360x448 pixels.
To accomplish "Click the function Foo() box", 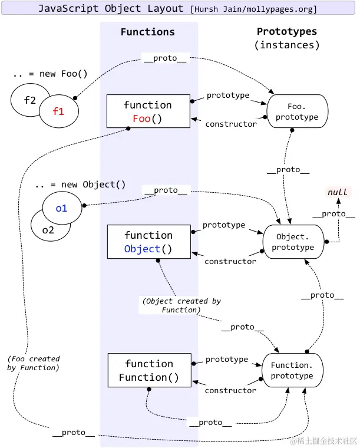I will point(148,111).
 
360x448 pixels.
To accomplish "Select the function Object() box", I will point(148,242).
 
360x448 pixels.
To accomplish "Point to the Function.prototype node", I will point(292,370).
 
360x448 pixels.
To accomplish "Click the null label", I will point(338,192).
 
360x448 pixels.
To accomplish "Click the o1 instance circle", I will point(62,208).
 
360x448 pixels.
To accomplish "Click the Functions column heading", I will point(148,32).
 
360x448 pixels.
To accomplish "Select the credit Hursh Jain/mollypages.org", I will point(253,9).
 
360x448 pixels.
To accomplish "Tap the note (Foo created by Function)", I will point(34,363).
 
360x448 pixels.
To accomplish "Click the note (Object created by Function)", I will point(181,305).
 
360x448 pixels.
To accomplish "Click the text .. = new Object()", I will point(80,185).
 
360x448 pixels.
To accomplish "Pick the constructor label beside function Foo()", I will point(231,124).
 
